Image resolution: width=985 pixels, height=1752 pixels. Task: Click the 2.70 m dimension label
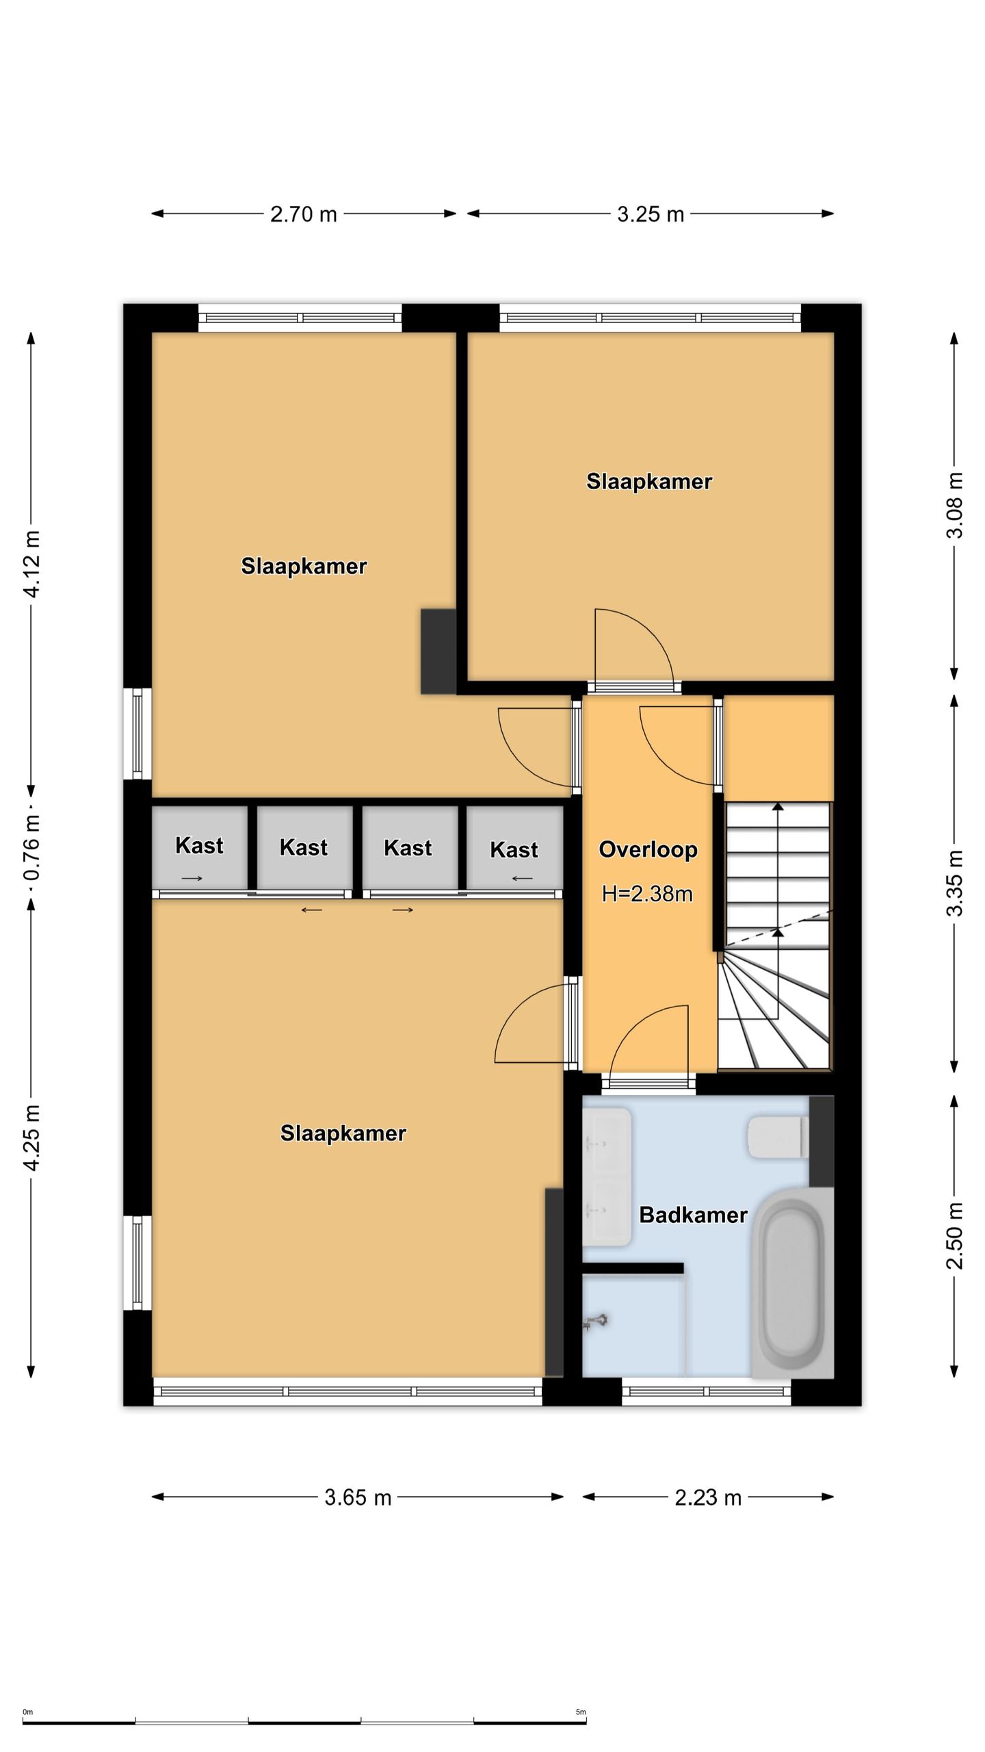tap(303, 214)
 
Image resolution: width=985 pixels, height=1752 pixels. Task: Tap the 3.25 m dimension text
tap(651, 214)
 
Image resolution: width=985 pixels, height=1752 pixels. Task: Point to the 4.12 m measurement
tap(31, 563)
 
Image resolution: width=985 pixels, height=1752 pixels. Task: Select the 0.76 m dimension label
tap(31, 848)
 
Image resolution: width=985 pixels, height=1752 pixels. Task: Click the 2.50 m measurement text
tap(954, 1235)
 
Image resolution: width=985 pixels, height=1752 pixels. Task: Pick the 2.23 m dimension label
tap(708, 1497)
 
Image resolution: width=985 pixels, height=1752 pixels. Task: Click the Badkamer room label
tap(693, 1215)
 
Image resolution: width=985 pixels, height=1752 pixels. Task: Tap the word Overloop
tap(648, 849)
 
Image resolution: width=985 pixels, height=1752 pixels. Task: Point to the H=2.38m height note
tap(647, 894)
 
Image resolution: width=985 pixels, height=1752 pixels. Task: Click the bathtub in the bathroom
tap(793, 1284)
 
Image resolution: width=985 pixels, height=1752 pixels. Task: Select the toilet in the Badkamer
tap(778, 1137)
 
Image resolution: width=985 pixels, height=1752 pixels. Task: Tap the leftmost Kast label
tap(199, 845)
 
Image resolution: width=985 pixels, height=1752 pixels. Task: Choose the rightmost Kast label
tap(514, 849)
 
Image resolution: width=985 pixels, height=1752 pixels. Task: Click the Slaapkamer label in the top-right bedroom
tap(649, 481)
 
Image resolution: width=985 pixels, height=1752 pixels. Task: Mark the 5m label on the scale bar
tap(581, 1712)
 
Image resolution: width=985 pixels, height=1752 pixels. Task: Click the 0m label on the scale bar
tap(28, 1712)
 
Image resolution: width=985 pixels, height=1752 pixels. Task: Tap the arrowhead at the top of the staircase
tap(778, 807)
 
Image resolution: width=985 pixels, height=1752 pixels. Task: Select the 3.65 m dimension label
tap(358, 1497)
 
